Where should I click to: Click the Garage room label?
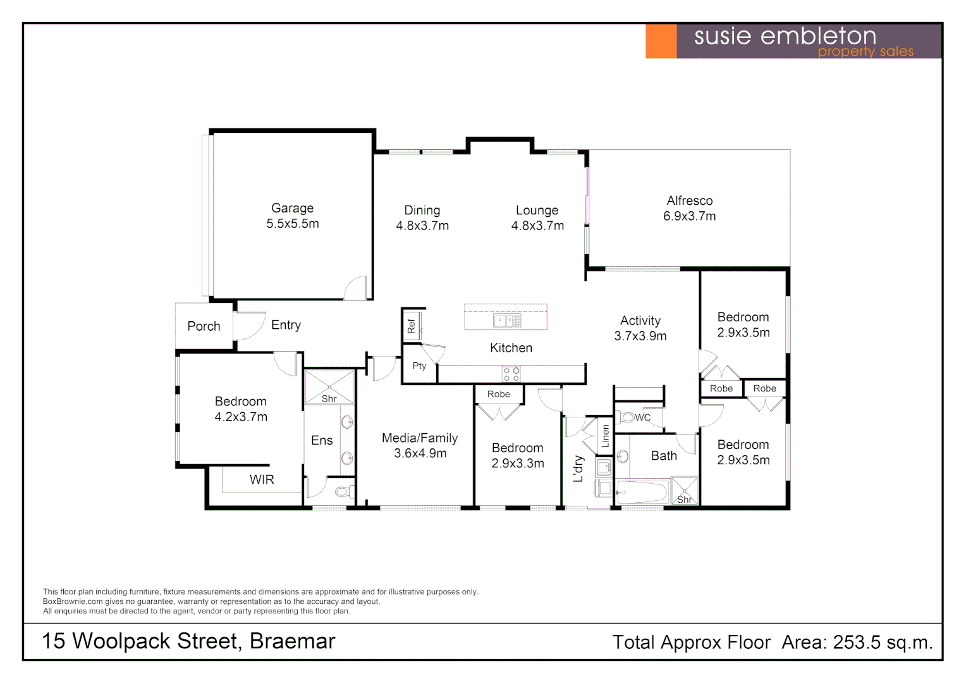tap(292, 209)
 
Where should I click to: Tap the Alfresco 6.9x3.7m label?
tap(689, 208)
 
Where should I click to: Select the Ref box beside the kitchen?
tap(412, 326)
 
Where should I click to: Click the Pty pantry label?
tap(419, 366)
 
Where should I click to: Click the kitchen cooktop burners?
tap(511, 374)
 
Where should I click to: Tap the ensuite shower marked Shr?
tap(329, 388)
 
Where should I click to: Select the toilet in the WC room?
tap(627, 417)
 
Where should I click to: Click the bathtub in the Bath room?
tap(642, 492)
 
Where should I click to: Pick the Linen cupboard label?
tap(605, 436)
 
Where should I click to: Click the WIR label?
tap(262, 480)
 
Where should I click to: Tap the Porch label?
tap(204, 326)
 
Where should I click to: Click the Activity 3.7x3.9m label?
tap(640, 328)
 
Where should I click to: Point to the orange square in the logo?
tap(661, 41)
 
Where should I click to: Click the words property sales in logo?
tap(865, 52)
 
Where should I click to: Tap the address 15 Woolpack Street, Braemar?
tap(188, 641)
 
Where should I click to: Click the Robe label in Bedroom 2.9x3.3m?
tap(498, 395)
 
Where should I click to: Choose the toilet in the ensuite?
tap(342, 491)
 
